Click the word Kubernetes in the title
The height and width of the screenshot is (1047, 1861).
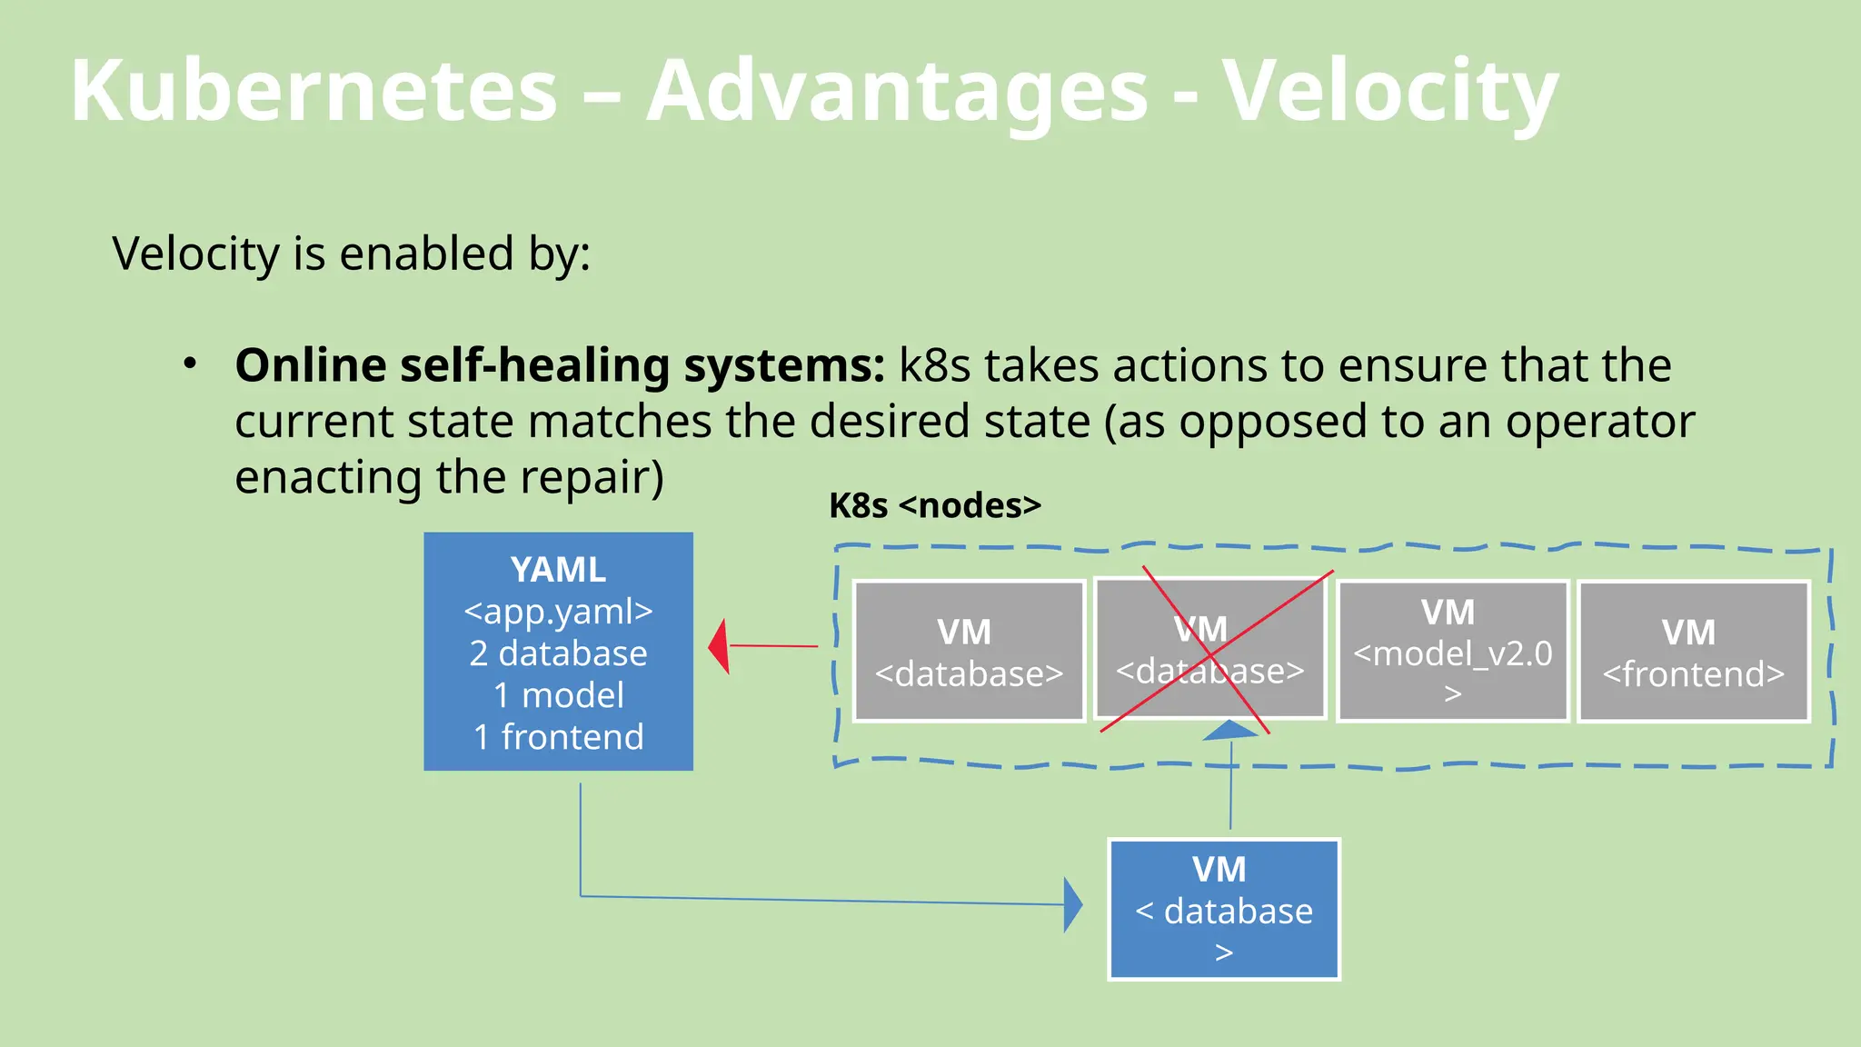(x=313, y=91)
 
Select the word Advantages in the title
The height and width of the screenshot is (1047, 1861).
(x=897, y=91)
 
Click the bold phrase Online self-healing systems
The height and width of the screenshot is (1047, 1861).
(x=559, y=365)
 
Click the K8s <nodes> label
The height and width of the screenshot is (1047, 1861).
(x=934, y=505)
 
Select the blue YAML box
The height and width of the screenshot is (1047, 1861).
(x=558, y=651)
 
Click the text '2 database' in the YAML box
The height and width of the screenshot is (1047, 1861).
(x=558, y=653)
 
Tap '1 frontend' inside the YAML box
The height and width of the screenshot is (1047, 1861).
(x=558, y=737)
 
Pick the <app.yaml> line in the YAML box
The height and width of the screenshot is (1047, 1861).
(x=558, y=612)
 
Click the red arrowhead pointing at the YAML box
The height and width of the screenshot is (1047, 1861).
(x=720, y=646)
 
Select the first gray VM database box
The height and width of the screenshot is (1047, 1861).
(x=969, y=652)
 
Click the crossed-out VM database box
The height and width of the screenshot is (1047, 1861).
(x=1209, y=649)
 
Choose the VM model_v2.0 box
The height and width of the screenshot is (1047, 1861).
(x=1452, y=652)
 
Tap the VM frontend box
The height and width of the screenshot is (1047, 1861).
(x=1693, y=652)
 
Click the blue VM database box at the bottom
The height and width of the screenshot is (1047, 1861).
(x=1223, y=909)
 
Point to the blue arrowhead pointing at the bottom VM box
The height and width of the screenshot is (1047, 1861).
(x=1073, y=905)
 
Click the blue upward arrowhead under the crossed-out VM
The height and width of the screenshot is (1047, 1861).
(x=1230, y=730)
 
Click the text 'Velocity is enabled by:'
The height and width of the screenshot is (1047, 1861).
(x=351, y=254)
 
